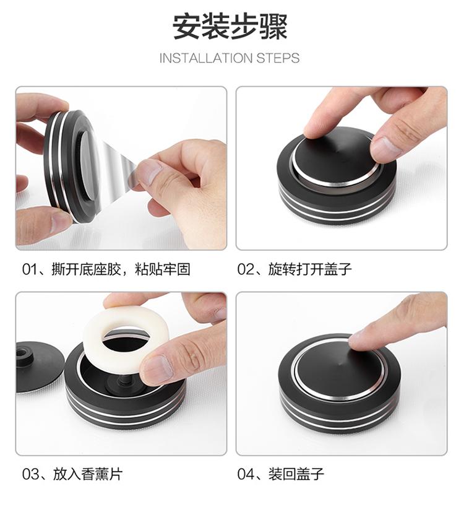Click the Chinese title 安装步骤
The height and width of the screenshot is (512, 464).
click(x=230, y=27)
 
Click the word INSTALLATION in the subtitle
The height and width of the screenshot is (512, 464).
click(x=206, y=58)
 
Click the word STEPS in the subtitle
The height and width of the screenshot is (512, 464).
click(x=278, y=58)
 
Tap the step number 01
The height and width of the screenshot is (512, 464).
click(x=28, y=270)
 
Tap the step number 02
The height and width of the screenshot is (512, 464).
click(x=245, y=270)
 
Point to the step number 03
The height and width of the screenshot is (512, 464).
click(x=29, y=474)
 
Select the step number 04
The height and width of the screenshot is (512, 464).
click(x=245, y=474)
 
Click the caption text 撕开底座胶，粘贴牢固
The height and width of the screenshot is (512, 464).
click(x=121, y=270)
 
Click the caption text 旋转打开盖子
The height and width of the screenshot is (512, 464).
click(x=310, y=270)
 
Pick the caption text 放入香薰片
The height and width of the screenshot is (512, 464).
click(x=88, y=474)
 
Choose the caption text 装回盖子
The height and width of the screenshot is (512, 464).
click(x=296, y=474)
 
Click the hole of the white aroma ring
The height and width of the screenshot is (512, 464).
click(x=126, y=340)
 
